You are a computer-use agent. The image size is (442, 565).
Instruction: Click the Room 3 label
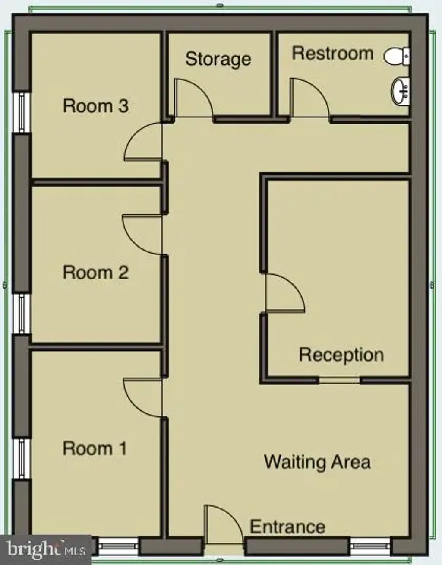click(x=96, y=106)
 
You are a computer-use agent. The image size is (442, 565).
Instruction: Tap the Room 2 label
click(x=96, y=272)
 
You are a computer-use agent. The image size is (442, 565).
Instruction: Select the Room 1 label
click(x=95, y=448)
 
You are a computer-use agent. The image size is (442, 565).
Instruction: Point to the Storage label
click(x=218, y=60)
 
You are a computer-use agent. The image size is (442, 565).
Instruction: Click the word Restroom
click(x=333, y=53)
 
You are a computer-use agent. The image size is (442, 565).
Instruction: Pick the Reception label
click(x=341, y=355)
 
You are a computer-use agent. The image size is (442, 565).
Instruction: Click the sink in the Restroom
click(x=401, y=92)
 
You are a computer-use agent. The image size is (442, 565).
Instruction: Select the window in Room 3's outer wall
click(x=22, y=112)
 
